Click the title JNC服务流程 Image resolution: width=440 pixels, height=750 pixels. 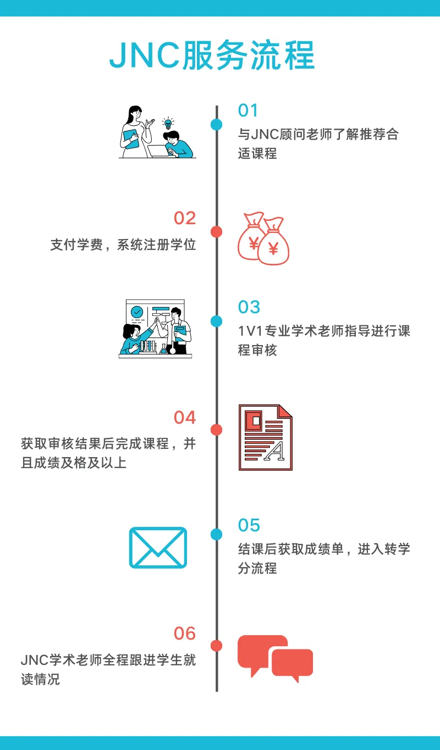pyautogui.click(x=212, y=55)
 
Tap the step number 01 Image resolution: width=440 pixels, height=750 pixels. pyautogui.click(x=248, y=110)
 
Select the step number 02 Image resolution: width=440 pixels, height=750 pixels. pyautogui.click(x=185, y=218)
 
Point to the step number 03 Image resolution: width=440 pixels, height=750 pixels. pyautogui.click(x=249, y=307)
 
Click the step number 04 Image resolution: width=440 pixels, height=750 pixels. pyautogui.click(x=185, y=418)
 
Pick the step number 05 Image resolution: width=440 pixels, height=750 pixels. pyautogui.click(x=249, y=525)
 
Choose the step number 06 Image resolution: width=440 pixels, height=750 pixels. pyautogui.click(x=185, y=634)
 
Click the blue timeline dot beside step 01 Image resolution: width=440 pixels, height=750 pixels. pyautogui.click(x=217, y=125)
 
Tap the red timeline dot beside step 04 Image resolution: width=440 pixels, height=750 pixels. pyautogui.click(x=217, y=429)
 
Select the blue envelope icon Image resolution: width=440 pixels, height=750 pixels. pyautogui.click(x=158, y=547)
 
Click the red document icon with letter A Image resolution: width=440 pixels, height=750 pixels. pyautogui.click(x=265, y=437)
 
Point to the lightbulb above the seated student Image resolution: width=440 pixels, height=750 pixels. pyautogui.click(x=168, y=123)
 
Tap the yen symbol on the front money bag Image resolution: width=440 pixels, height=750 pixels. pyautogui.click(x=273, y=249)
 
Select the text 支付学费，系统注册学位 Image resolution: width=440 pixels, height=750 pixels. pyautogui.click(x=123, y=245)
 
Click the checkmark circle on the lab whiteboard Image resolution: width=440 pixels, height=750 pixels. pyautogui.click(x=137, y=312)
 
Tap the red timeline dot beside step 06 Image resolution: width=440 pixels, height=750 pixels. pyautogui.click(x=217, y=645)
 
